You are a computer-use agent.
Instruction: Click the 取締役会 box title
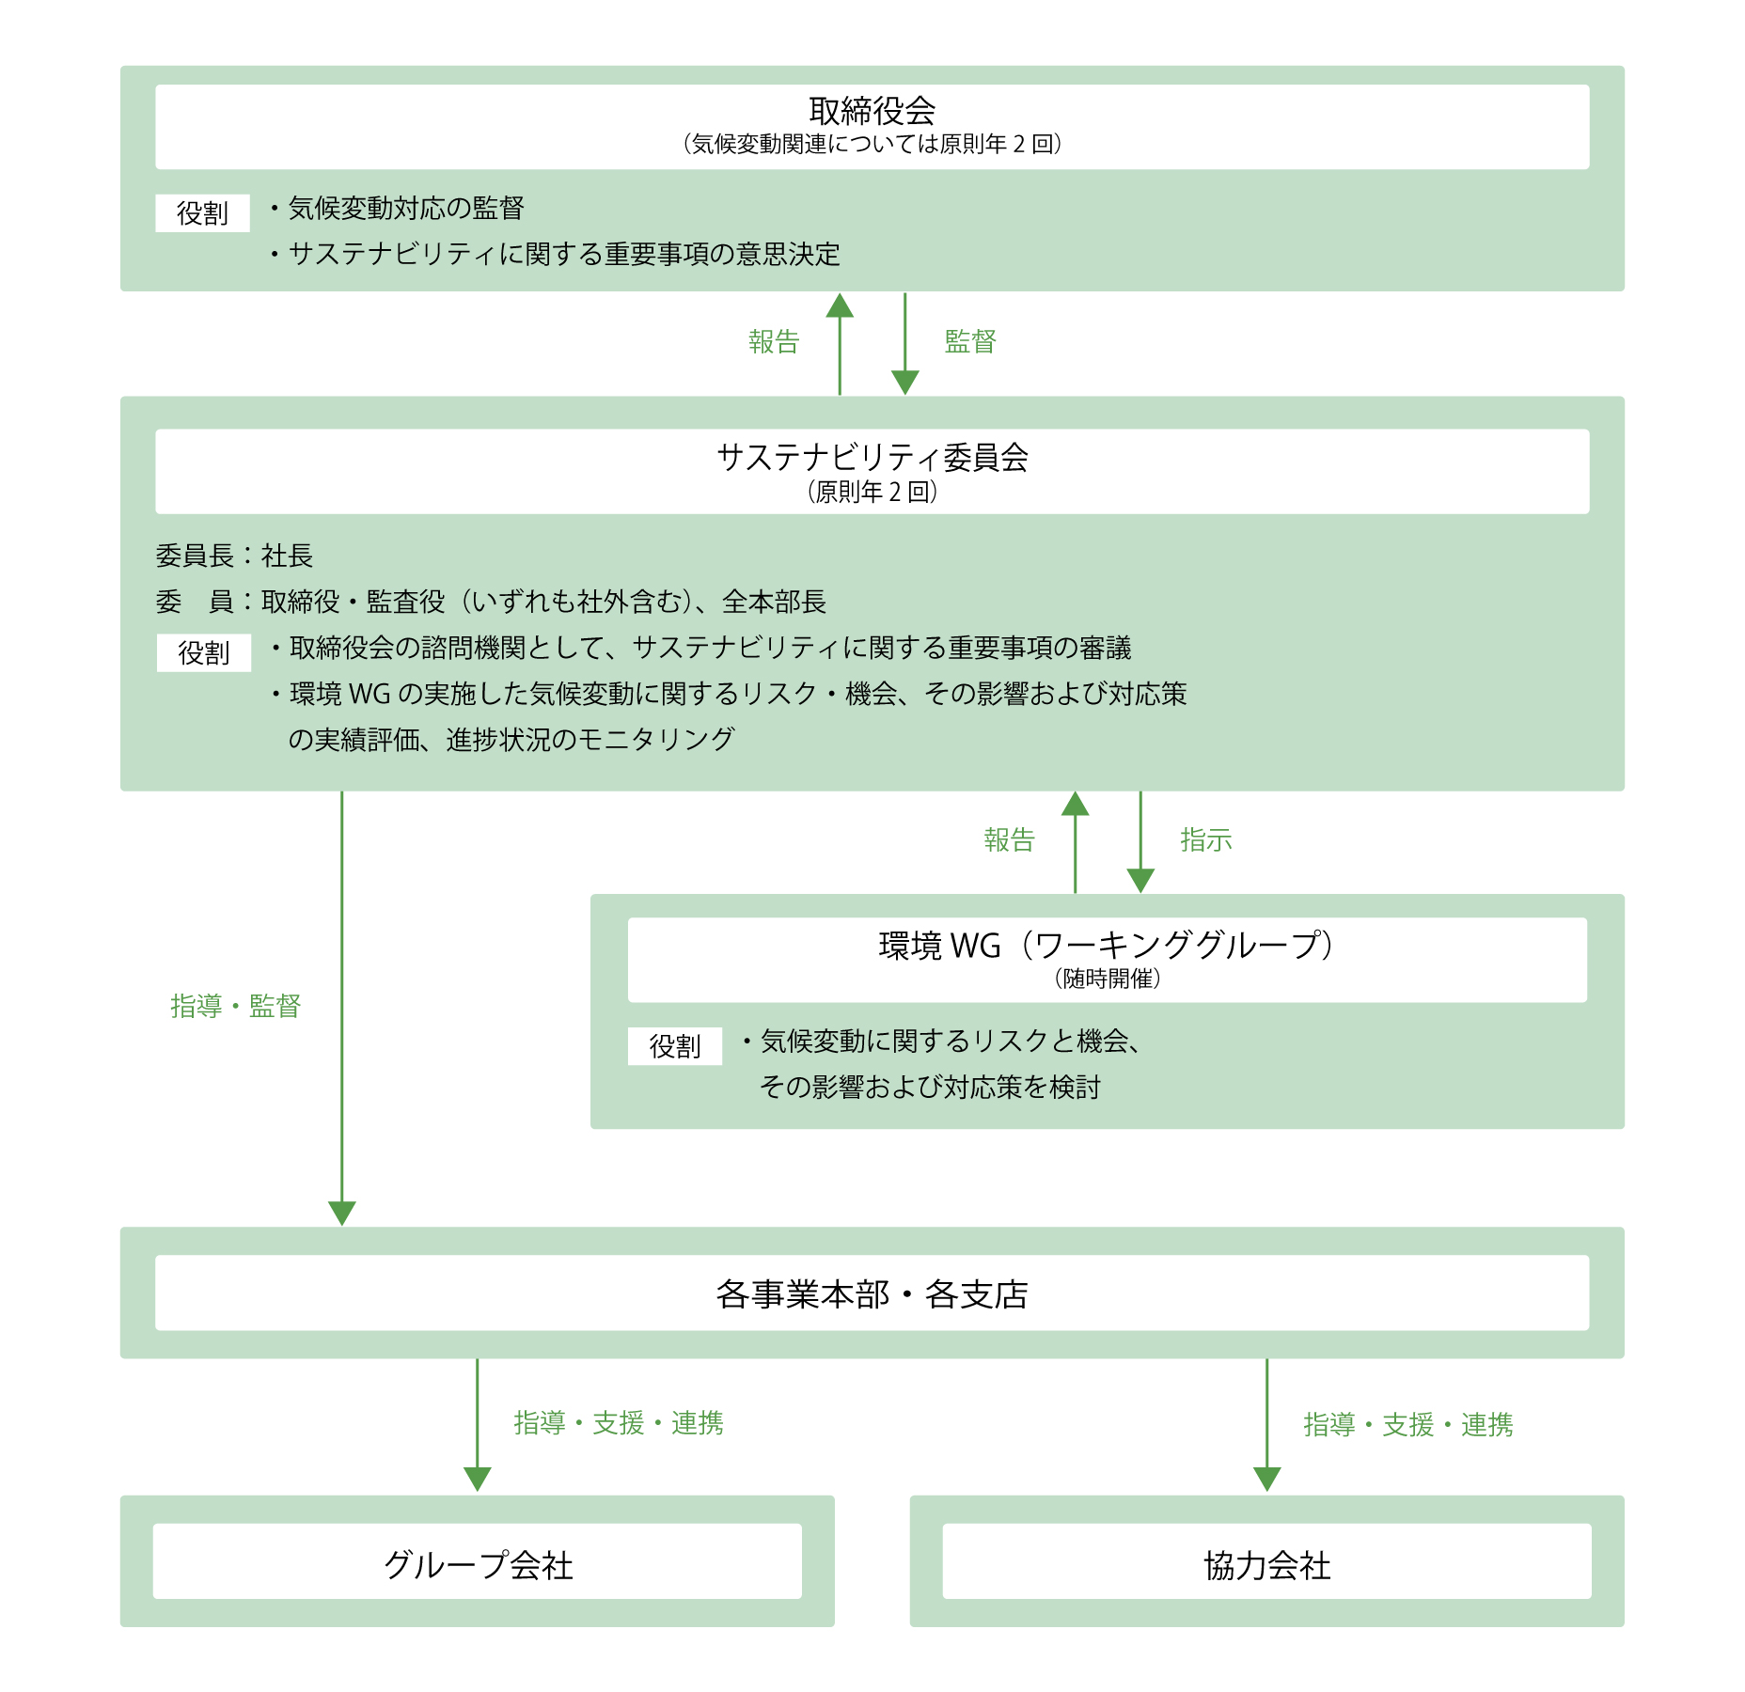(x=872, y=111)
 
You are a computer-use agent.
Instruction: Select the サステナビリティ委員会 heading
(x=872, y=457)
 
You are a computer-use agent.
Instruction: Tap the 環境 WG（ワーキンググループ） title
(x=1107, y=945)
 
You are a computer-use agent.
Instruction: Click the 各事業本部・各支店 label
(x=872, y=1294)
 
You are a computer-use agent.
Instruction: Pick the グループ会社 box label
(x=478, y=1565)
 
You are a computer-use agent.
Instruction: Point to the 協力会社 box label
(x=1266, y=1566)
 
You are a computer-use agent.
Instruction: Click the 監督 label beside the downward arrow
(x=970, y=341)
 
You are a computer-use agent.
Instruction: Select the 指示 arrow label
(x=1206, y=839)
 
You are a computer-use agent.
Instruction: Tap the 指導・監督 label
(x=235, y=1006)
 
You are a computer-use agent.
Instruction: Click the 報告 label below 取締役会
(x=774, y=341)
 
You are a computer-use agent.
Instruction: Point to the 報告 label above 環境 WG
(x=1009, y=839)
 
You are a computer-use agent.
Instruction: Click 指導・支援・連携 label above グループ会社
(x=619, y=1423)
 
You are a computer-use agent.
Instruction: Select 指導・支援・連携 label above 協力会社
(x=1408, y=1425)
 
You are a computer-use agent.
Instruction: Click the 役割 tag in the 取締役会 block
(x=202, y=213)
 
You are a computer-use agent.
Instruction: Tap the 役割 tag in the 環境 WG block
(x=675, y=1046)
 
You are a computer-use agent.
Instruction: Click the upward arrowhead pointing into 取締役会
(x=840, y=305)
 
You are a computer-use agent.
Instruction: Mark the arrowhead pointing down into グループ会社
(x=478, y=1480)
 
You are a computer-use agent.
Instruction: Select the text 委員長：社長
(x=234, y=556)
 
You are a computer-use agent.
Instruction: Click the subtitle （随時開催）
(x=1107, y=979)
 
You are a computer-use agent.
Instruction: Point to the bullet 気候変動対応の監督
(x=396, y=208)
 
